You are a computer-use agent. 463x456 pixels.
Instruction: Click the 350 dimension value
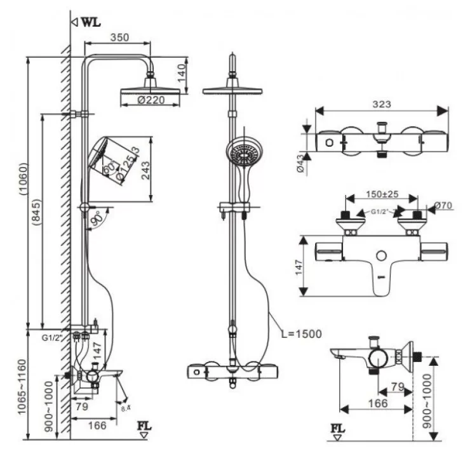(119, 37)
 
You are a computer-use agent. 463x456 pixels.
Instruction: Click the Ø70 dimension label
(443, 206)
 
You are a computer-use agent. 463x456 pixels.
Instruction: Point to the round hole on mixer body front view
(380, 256)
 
